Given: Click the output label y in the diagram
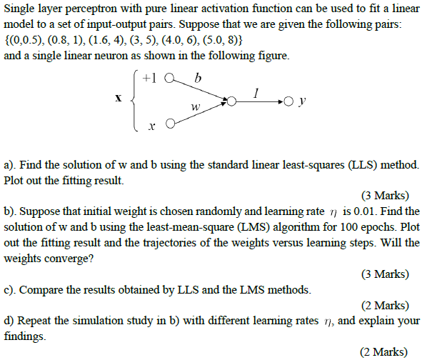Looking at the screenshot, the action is pos(303,101).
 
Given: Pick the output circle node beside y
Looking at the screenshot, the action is pos(287,101).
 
